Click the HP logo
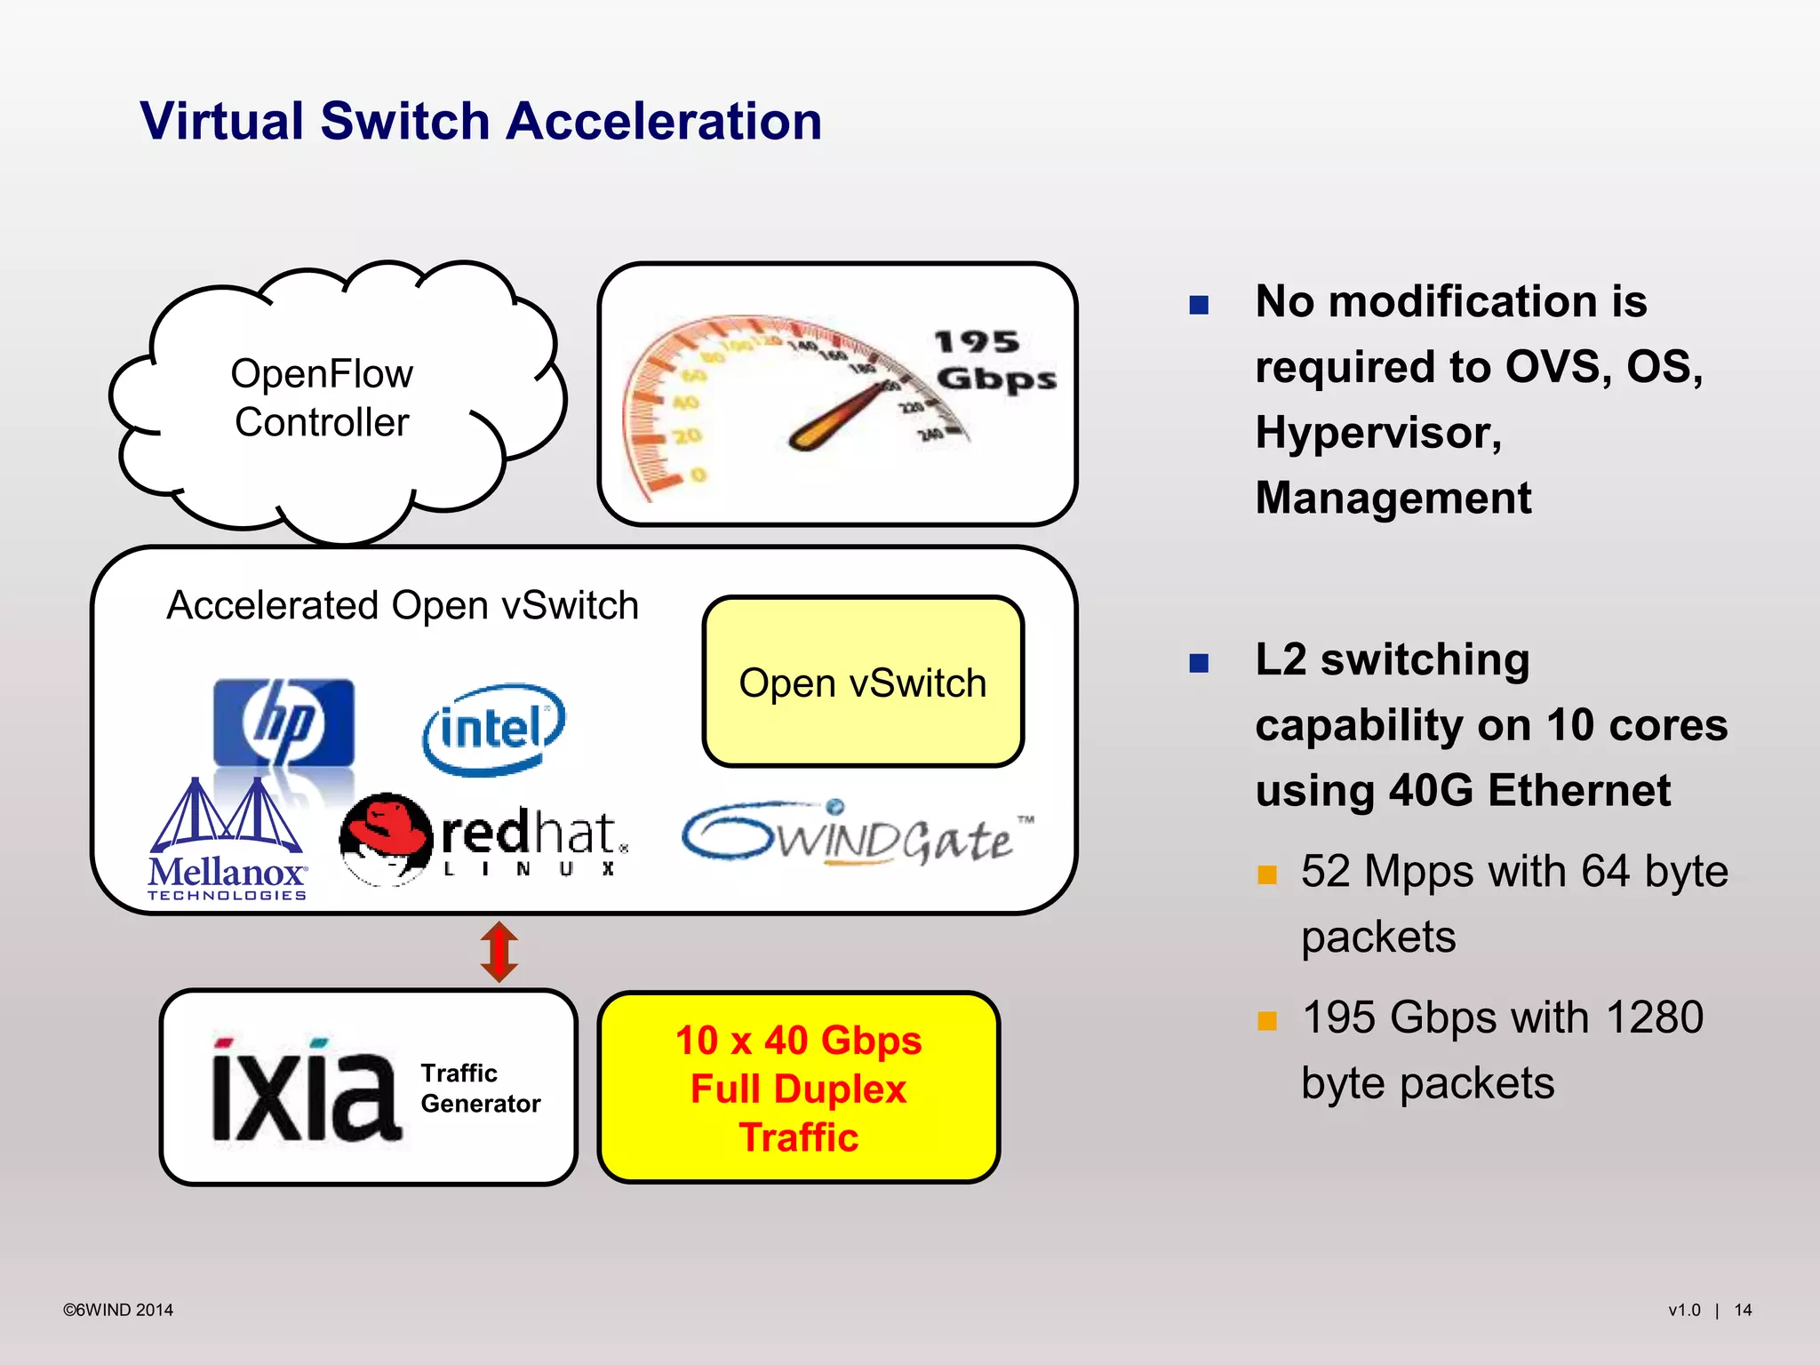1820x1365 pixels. coord(283,722)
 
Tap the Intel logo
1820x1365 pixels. coord(493,729)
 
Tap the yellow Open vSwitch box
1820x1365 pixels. coord(863,682)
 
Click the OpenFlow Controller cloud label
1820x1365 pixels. coord(322,398)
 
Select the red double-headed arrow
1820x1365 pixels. coord(499,952)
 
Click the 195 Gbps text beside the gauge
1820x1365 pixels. coord(994,361)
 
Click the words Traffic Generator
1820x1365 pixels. coord(480,1089)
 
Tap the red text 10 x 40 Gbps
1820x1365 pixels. coord(798,1041)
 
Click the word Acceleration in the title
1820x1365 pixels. coord(664,121)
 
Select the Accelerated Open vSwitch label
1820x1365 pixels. coord(403,606)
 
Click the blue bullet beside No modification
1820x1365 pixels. coord(1199,306)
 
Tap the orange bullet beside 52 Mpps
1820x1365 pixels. coord(1267,875)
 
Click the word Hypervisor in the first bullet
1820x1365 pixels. coord(1378,433)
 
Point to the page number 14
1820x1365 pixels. coord(1743,1310)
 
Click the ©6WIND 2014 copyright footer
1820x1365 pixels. coord(118,1310)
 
